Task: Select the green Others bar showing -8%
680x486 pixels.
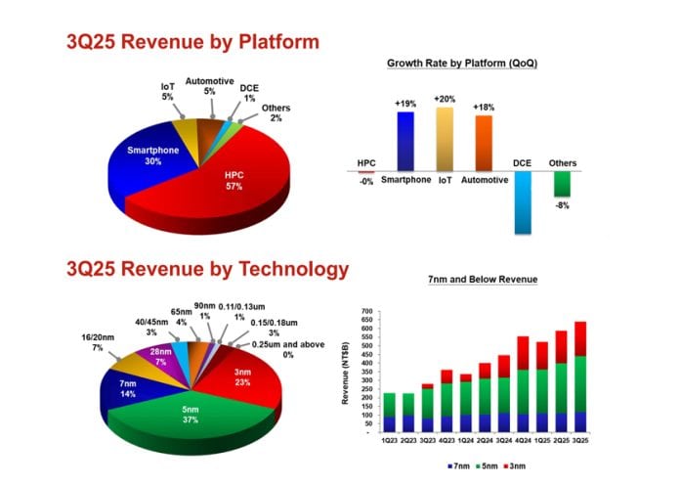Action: (562, 184)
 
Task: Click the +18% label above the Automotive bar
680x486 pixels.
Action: (484, 107)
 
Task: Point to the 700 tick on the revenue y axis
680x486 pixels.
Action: (367, 311)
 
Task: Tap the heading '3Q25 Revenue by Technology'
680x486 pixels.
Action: (207, 270)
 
